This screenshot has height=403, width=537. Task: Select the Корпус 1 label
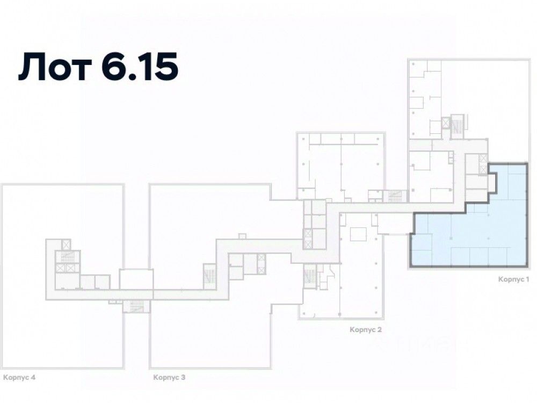point(514,279)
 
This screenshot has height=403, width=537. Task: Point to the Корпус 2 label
point(366,329)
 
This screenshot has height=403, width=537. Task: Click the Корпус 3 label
point(169,378)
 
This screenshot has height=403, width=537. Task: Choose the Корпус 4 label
point(19,378)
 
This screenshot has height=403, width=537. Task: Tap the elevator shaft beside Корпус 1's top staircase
point(446,124)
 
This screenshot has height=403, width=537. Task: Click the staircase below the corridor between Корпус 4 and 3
point(136,306)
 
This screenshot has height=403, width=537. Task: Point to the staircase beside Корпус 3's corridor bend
point(209,274)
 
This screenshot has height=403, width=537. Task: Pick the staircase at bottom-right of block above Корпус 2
point(395,196)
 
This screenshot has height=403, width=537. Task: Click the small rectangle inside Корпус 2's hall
point(357,234)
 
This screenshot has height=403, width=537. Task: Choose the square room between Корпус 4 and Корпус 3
point(136,279)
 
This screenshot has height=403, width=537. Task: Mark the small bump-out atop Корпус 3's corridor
point(242,236)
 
